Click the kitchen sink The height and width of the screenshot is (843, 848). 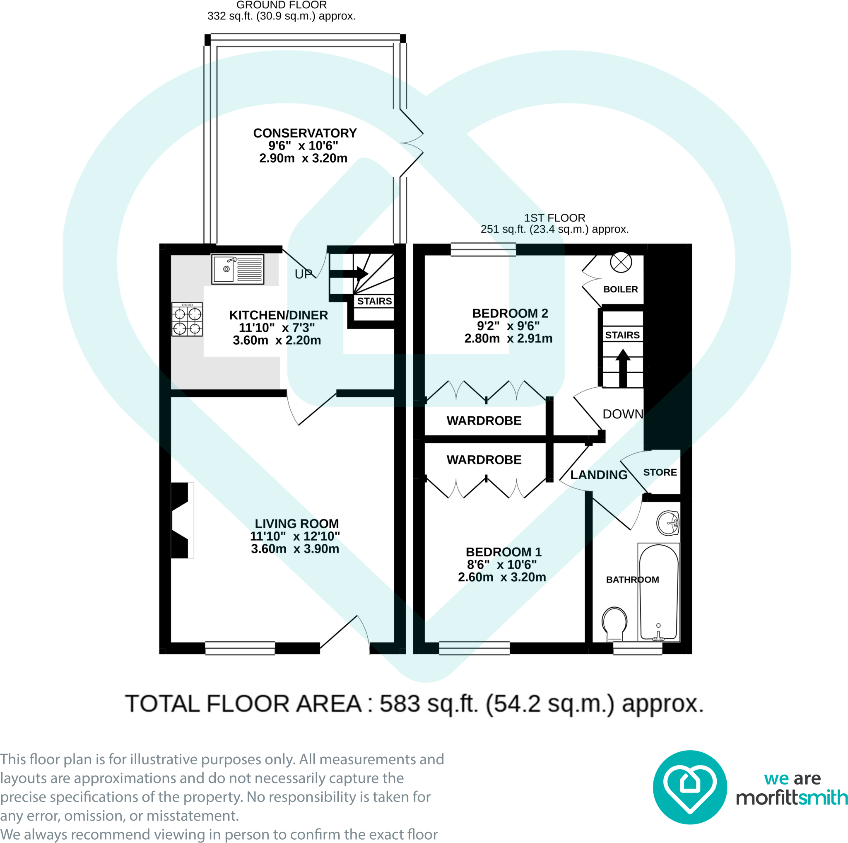click(237, 269)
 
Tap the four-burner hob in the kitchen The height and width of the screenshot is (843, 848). click(187, 319)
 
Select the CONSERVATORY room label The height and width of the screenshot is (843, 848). click(305, 133)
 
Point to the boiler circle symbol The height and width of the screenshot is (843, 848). click(621, 263)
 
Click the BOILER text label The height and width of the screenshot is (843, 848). click(621, 289)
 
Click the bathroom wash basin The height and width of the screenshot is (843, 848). click(667, 523)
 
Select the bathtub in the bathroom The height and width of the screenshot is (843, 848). click(659, 592)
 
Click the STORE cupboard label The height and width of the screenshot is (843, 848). click(660, 472)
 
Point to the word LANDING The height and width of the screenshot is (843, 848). click(599, 475)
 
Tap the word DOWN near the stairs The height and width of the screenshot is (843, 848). click(623, 414)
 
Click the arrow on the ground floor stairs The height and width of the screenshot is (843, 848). click(349, 273)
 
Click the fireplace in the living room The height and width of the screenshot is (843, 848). click(181, 520)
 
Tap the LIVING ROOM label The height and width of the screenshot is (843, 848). click(297, 523)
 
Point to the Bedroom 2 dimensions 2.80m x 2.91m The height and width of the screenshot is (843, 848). click(508, 338)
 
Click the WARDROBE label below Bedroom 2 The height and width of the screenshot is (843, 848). click(484, 420)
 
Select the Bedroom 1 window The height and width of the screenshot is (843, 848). click(475, 648)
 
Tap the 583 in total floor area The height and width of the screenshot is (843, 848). click(400, 704)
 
